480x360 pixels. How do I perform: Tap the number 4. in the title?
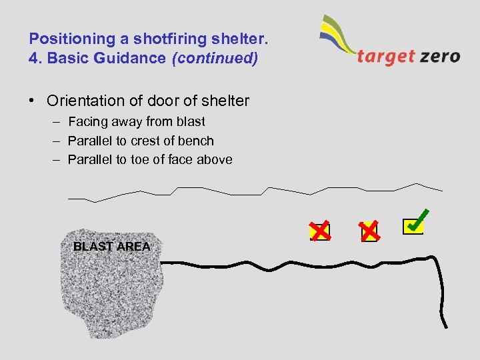pyautogui.click(x=35, y=58)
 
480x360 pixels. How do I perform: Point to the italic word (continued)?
pyautogui.click(x=215, y=58)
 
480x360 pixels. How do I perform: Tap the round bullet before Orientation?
pyautogui.click(x=32, y=101)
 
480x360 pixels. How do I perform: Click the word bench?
pyautogui.click(x=198, y=141)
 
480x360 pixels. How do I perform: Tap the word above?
pyautogui.click(x=215, y=159)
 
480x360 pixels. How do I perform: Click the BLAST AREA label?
pyautogui.click(x=112, y=247)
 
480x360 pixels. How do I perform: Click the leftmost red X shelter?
pyautogui.click(x=320, y=231)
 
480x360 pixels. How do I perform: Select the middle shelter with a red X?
pyautogui.click(x=369, y=231)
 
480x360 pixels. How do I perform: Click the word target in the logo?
pyautogui.click(x=385, y=56)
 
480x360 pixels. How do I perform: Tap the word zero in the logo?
pyautogui.click(x=440, y=56)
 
